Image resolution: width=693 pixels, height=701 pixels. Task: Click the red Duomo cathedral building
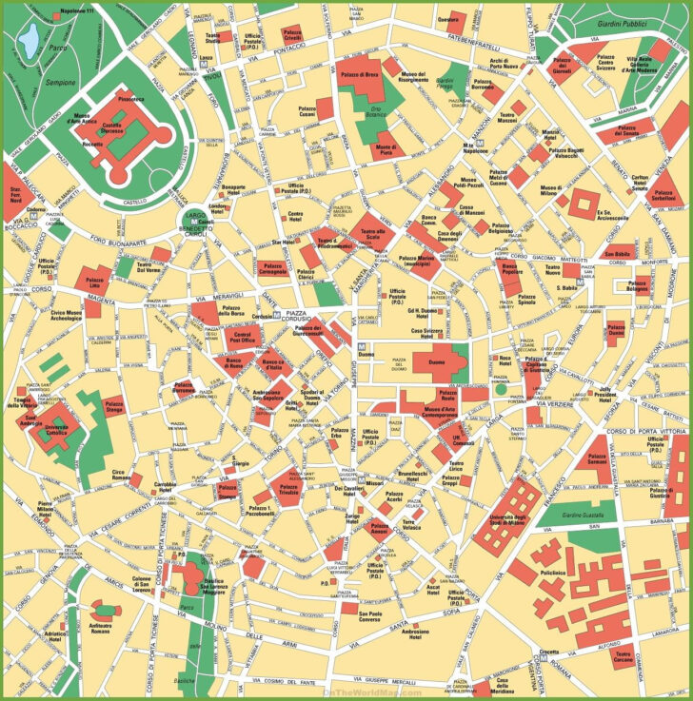[x=439, y=363]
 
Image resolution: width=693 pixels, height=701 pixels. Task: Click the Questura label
[x=448, y=20]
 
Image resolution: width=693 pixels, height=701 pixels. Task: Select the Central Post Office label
[x=244, y=337]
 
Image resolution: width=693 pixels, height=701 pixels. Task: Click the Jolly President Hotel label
[x=605, y=392]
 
